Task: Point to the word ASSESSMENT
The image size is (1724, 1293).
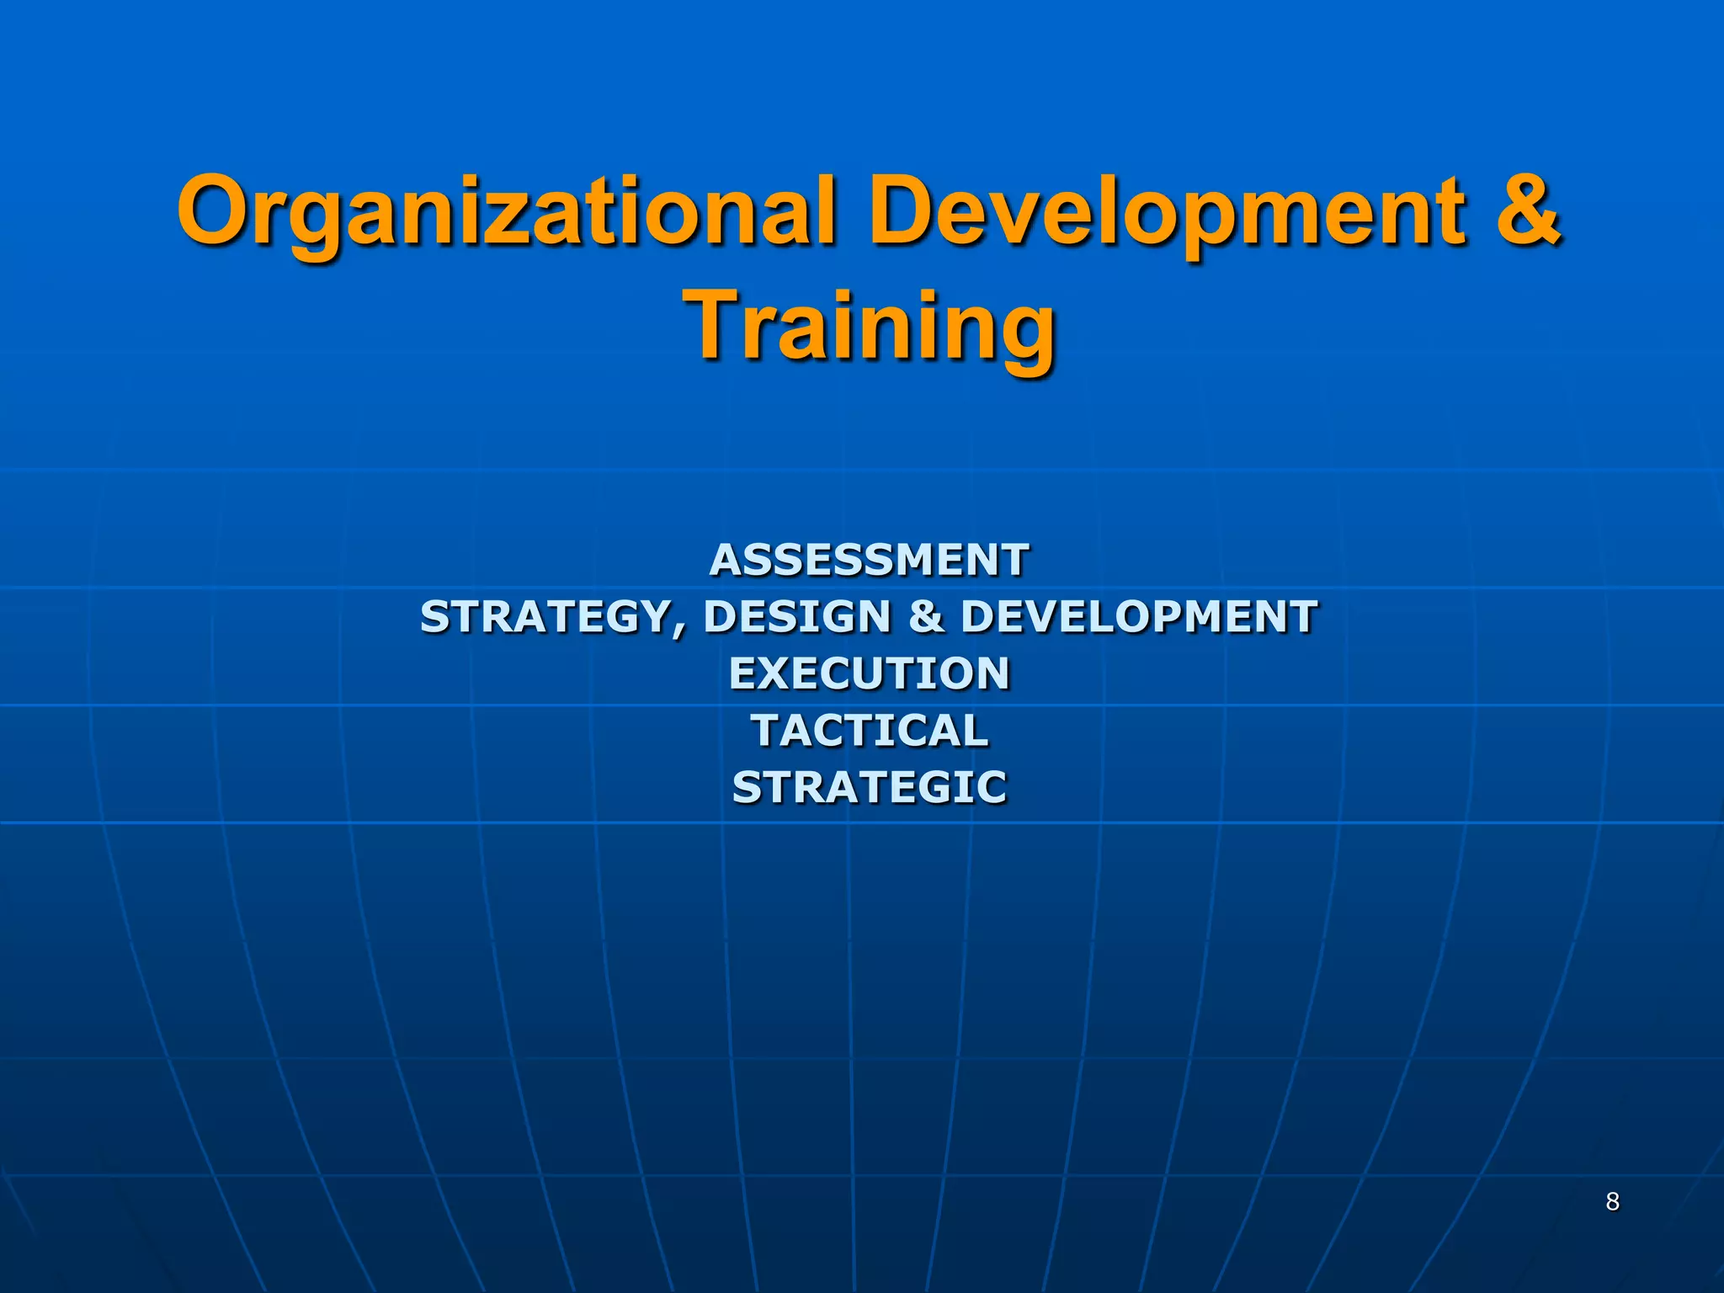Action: click(869, 560)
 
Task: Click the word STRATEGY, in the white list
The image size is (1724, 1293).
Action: click(552, 617)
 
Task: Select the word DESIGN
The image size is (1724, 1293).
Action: click(797, 617)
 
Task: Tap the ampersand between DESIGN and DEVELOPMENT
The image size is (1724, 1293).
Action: click(926, 617)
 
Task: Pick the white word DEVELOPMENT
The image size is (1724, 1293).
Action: click(1139, 617)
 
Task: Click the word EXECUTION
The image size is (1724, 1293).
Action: click(869, 673)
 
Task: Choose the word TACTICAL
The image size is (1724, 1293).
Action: click(870, 730)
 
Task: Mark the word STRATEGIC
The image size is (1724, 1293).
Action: click(869, 788)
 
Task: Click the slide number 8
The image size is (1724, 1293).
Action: click(1612, 1201)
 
